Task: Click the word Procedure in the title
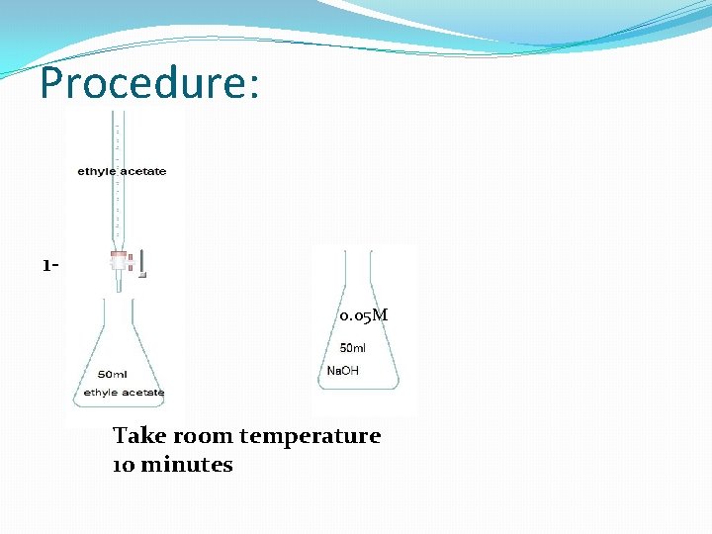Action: coord(139,83)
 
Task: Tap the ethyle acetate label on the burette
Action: coord(122,171)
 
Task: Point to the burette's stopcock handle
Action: coord(142,264)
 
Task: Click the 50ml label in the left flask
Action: coord(112,374)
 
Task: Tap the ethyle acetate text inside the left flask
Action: coord(124,393)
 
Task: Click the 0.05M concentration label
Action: coord(363,315)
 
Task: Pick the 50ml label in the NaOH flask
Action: coord(353,349)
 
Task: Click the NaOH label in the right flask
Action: coord(343,371)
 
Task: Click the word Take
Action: coord(138,436)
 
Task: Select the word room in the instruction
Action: coord(203,436)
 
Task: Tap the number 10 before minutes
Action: coord(124,465)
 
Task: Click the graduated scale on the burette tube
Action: coord(118,138)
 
